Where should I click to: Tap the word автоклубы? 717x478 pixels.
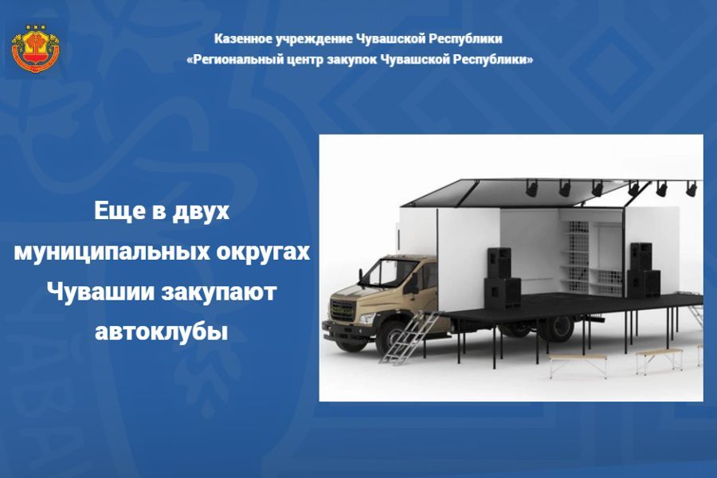point(161,331)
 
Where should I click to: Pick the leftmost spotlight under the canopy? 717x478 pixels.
point(531,188)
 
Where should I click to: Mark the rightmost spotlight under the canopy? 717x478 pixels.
point(691,189)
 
